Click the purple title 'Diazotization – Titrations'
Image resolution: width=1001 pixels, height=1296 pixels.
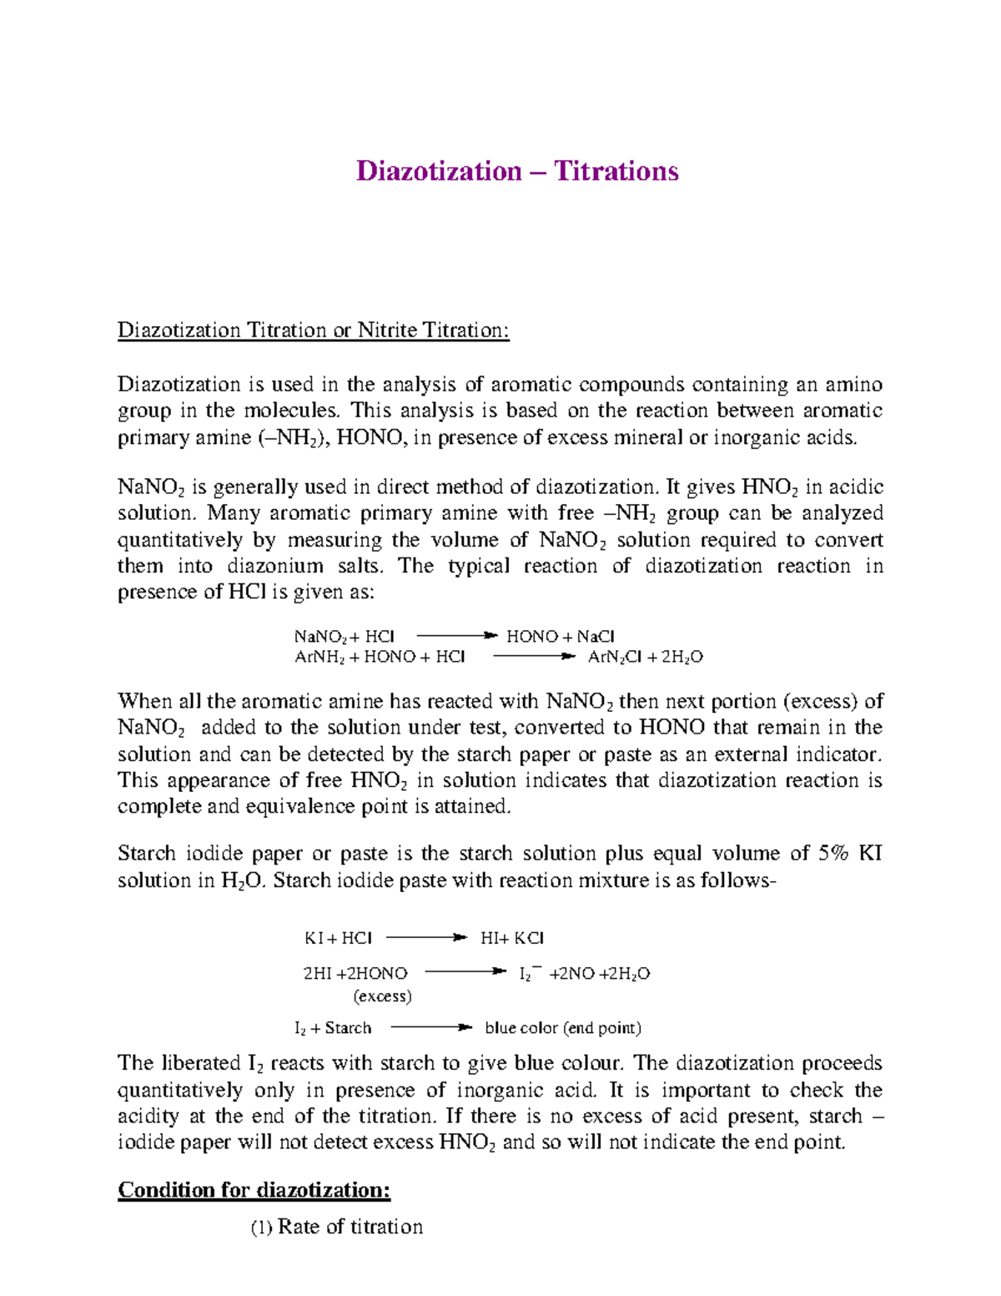(517, 171)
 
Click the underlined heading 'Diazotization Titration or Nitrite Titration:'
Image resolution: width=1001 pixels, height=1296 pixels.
(313, 330)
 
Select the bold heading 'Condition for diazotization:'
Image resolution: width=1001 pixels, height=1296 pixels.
(254, 1189)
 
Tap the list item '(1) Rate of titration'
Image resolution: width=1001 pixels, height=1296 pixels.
(337, 1227)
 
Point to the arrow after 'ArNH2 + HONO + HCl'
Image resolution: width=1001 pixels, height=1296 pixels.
(534, 657)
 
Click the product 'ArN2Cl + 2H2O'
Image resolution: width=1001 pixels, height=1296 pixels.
(646, 657)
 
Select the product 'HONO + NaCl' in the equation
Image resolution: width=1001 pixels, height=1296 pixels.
(561, 636)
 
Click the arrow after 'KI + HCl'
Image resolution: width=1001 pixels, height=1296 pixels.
(425, 938)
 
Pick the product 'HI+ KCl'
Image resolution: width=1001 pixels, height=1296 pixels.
(512, 938)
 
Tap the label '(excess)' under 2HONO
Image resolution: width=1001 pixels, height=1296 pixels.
(383, 996)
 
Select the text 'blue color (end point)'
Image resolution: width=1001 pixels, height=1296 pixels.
(563, 1028)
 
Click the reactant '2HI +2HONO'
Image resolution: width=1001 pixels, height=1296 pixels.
(355, 973)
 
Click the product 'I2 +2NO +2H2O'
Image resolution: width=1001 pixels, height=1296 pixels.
(585, 973)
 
